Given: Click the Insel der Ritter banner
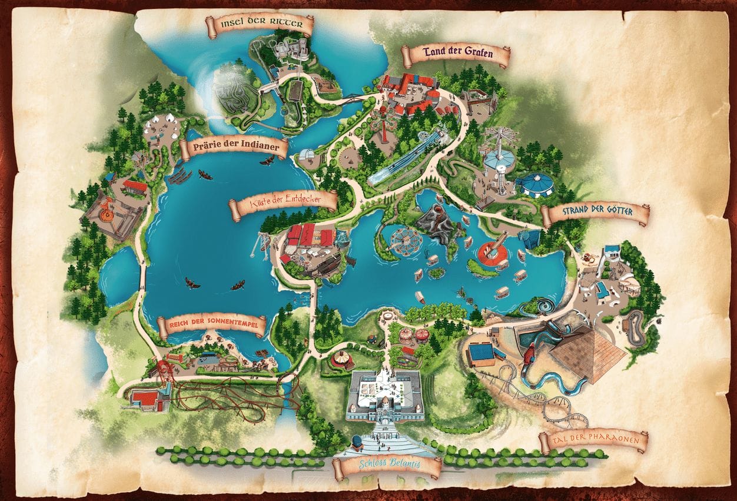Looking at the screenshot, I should pyautogui.click(x=259, y=25).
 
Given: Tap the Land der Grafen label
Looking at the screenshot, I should pyautogui.click(x=456, y=55).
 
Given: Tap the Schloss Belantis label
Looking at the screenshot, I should pyautogui.click(x=387, y=465).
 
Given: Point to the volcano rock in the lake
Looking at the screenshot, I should pyautogui.click(x=438, y=224).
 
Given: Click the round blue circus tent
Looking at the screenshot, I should pyautogui.click(x=535, y=184).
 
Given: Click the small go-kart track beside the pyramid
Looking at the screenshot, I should pyautogui.click(x=633, y=327).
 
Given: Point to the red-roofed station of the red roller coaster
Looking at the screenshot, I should pyautogui.click(x=145, y=399).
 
